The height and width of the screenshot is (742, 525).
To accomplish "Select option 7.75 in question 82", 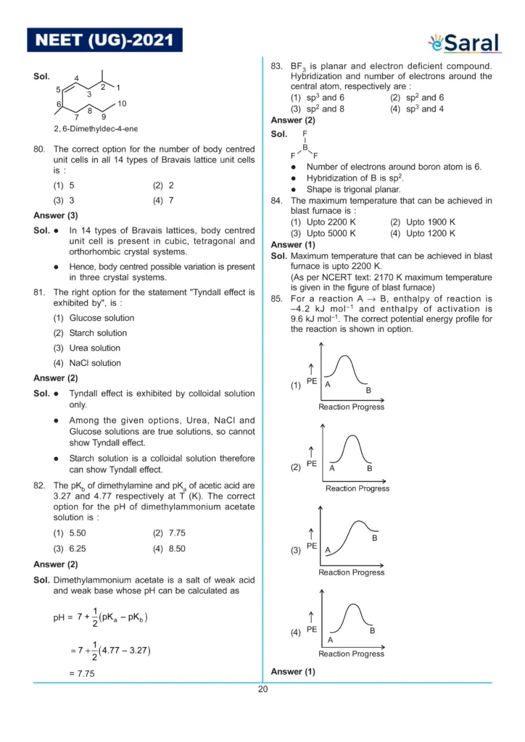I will coord(169,533).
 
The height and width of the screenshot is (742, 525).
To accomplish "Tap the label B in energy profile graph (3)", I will coord(375,538).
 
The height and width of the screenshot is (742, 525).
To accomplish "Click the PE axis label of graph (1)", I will coord(312,381).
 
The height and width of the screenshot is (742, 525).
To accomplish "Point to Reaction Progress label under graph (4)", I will coord(351,654).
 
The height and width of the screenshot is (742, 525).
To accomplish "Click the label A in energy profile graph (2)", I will coord(332,468).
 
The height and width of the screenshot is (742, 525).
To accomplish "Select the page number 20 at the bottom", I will coord(262,689).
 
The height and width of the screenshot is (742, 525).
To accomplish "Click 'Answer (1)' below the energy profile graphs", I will coord(293,672).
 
